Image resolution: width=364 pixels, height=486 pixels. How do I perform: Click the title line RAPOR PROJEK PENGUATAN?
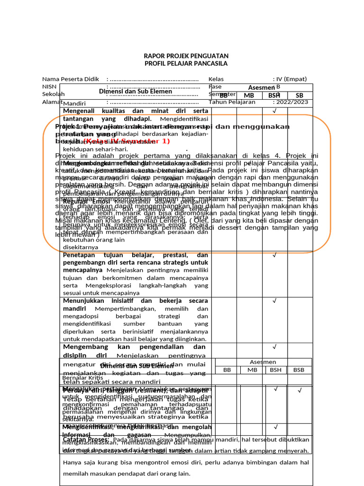point(186,56)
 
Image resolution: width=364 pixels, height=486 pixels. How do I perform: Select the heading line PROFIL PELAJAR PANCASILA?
point(186,64)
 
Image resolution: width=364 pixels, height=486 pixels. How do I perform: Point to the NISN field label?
point(49,87)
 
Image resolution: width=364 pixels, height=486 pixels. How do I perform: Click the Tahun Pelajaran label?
point(232,102)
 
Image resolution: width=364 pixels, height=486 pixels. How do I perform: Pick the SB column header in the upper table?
point(300,95)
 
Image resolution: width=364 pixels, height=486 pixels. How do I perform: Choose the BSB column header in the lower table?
point(299,370)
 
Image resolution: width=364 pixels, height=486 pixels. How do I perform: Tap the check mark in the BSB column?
point(300,391)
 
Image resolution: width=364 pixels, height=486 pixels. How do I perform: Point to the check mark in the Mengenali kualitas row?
point(274,111)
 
